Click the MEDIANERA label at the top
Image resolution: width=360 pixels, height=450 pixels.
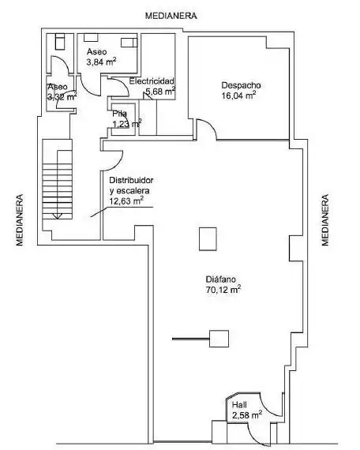pos(171,16)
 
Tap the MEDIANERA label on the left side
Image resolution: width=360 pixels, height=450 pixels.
pos(20,220)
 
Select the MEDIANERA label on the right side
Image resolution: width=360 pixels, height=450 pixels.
pos(324,220)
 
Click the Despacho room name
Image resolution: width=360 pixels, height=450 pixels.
pos(241,85)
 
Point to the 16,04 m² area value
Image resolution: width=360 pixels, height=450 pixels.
pos(238,96)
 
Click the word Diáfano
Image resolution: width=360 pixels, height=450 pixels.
pos(221,279)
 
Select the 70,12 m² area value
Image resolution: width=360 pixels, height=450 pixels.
pos(223,289)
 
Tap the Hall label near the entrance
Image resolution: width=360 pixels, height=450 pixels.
pos(239,405)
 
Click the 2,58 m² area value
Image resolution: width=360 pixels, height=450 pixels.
pos(247,414)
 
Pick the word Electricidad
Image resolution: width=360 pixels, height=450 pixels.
pos(152,81)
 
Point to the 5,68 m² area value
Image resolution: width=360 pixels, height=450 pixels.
pos(160,92)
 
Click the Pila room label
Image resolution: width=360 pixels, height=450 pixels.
pos(119,114)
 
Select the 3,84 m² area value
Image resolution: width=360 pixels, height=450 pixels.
pos(101,62)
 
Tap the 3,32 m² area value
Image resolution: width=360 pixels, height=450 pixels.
pos(62,96)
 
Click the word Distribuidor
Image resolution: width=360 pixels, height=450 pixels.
pos(131,180)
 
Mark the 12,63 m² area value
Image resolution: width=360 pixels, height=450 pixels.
pos(126,201)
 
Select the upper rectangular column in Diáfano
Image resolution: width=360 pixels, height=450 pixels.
pos(208,239)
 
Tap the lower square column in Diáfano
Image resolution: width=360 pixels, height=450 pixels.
pos(219,339)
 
